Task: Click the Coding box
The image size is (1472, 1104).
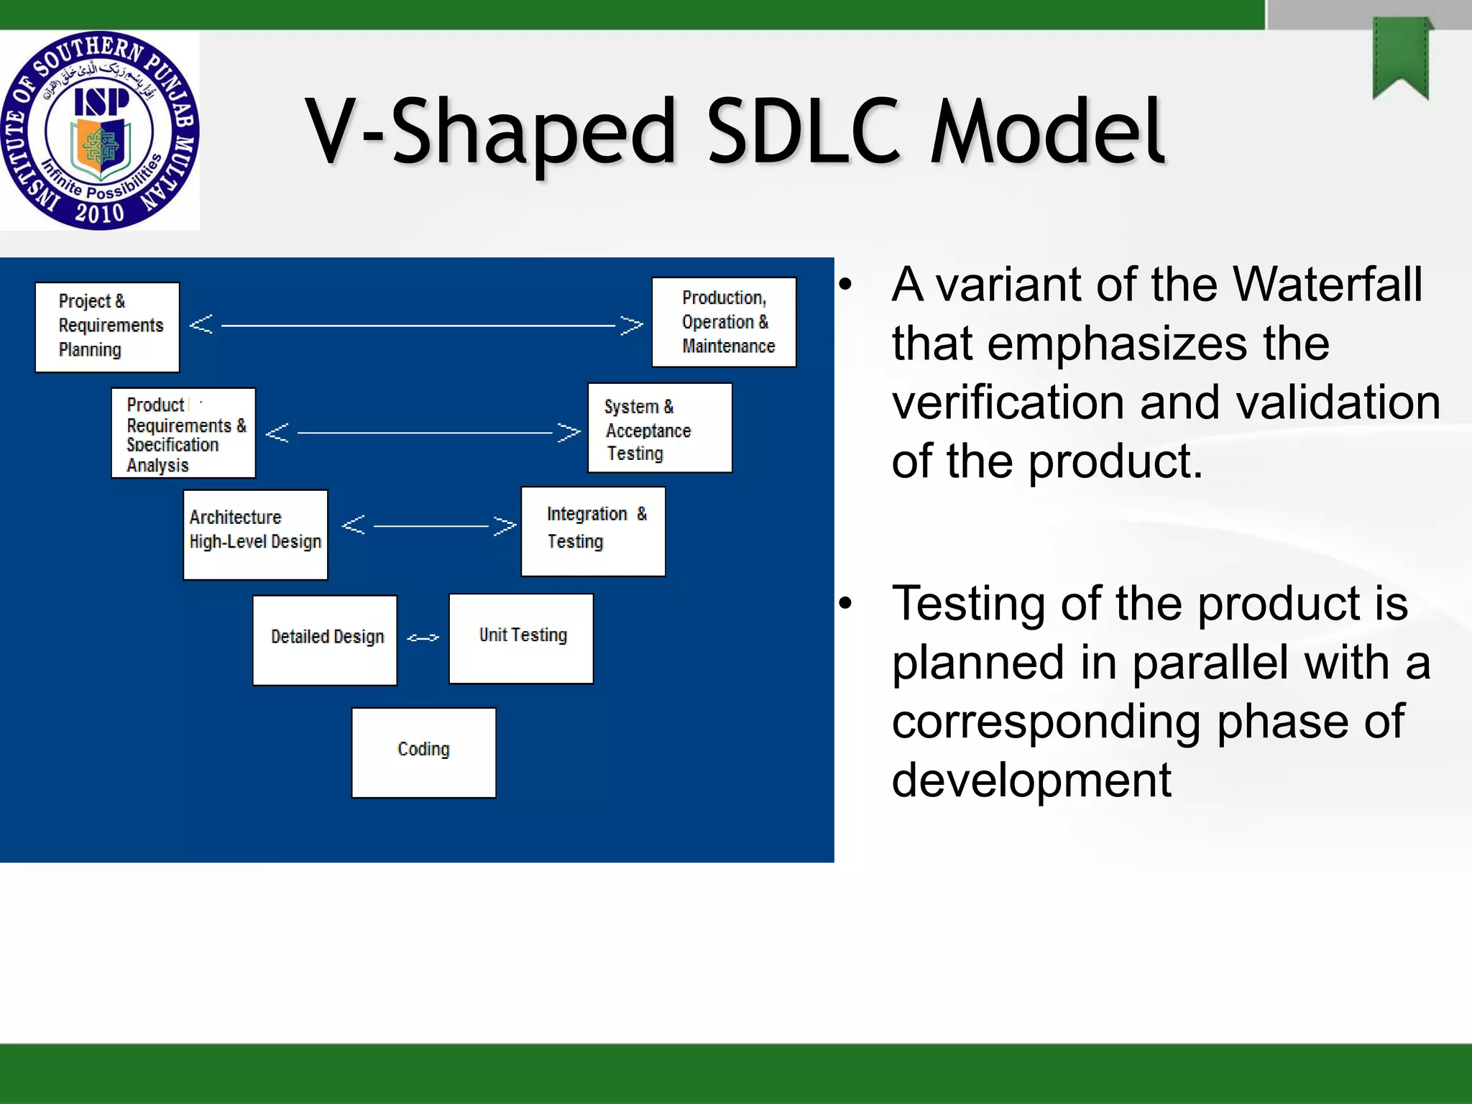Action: click(423, 753)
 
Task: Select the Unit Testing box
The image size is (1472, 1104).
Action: click(521, 638)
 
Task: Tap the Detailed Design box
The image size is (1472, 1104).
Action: click(325, 640)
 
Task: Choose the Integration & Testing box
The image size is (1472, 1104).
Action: click(593, 531)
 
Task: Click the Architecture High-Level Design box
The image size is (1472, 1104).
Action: click(255, 534)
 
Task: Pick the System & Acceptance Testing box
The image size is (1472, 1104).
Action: click(660, 428)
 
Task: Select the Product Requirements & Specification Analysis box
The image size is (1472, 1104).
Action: click(183, 433)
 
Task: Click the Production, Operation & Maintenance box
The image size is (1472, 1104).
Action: click(724, 322)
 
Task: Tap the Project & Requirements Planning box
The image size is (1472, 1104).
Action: click(107, 327)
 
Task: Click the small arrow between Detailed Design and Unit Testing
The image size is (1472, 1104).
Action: click(423, 638)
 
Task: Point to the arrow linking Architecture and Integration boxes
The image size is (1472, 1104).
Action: click(429, 525)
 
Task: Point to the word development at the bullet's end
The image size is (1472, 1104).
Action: click(1031, 781)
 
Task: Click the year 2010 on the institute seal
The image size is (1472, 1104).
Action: click(99, 213)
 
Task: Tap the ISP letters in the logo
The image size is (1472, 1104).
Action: click(101, 102)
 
